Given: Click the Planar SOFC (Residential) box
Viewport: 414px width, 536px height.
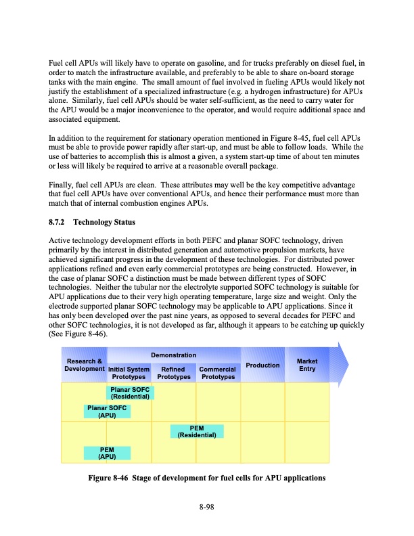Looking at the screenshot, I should pyautogui.click(x=130, y=393).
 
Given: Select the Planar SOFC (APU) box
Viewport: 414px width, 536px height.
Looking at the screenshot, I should pyautogui.click(x=107, y=411).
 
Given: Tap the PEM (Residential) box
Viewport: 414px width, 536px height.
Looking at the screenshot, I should pyautogui.click(x=196, y=431).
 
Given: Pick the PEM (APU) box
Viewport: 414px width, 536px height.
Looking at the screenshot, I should pyautogui.click(x=107, y=453).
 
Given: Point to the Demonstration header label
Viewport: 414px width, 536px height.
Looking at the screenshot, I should pyautogui.click(x=173, y=355).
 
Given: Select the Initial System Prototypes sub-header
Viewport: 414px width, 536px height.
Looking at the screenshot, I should pyautogui.click(x=129, y=373).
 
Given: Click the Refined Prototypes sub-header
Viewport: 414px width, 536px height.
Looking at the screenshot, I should pyautogui.click(x=173, y=373).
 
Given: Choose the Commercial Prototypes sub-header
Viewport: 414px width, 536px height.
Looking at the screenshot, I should pyautogui.click(x=217, y=373).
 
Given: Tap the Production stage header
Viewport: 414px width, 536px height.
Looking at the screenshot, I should pyautogui.click(x=262, y=365).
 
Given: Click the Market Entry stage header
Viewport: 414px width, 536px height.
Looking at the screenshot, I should pyautogui.click(x=306, y=365).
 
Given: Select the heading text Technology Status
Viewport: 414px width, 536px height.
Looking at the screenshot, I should pyautogui.click(x=104, y=221).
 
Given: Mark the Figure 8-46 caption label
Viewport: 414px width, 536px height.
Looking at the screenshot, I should pyautogui.click(x=110, y=478).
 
